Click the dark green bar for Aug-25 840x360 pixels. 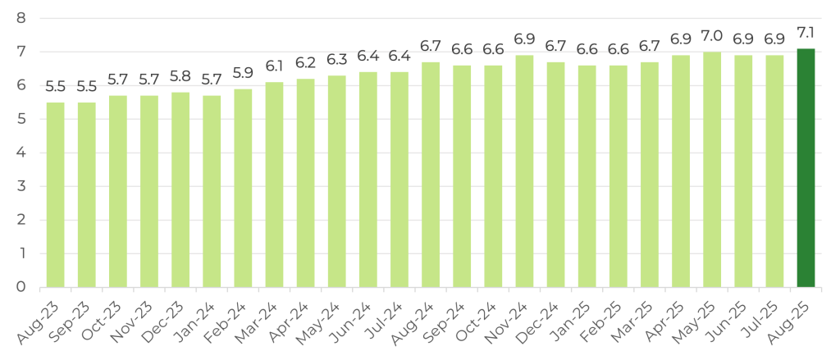pos(806,168)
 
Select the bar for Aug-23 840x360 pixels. pos(55,195)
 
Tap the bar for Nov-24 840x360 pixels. pos(524,171)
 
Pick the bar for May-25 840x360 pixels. pos(712,170)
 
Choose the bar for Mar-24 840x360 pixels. pos(274,185)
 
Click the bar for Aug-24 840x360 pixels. pos(431,175)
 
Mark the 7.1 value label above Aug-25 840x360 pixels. pos(806,35)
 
